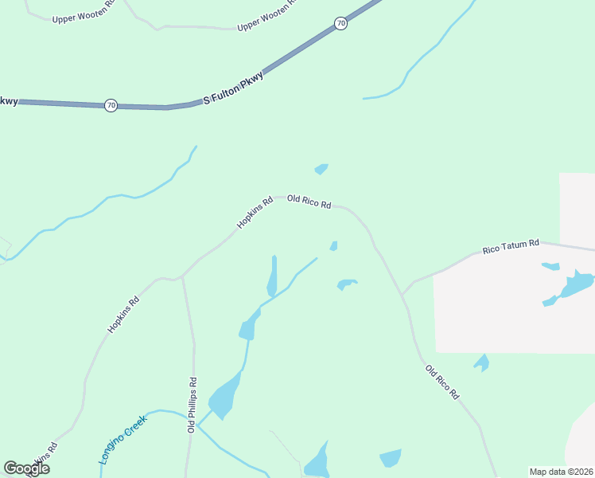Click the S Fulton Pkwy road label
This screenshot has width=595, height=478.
(234, 88)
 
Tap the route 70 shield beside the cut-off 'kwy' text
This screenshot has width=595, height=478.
(111, 105)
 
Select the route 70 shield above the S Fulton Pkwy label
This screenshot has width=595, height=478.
(340, 24)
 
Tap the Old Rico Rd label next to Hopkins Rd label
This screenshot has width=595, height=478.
(309, 202)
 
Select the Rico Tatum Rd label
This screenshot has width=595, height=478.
(511, 247)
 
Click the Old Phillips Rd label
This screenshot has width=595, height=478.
(192, 406)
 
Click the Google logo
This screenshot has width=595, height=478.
(26, 468)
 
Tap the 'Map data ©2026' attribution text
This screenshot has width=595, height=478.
(561, 472)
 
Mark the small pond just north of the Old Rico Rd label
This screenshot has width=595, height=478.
(321, 169)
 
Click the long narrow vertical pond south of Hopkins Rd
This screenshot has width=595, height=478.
(273, 276)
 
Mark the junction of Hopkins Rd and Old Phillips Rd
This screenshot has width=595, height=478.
(182, 277)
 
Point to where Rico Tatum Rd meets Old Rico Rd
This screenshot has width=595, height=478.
(402, 294)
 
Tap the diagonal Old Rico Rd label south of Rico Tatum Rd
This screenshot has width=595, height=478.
(442, 382)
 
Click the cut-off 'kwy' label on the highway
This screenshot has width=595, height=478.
(8, 101)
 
